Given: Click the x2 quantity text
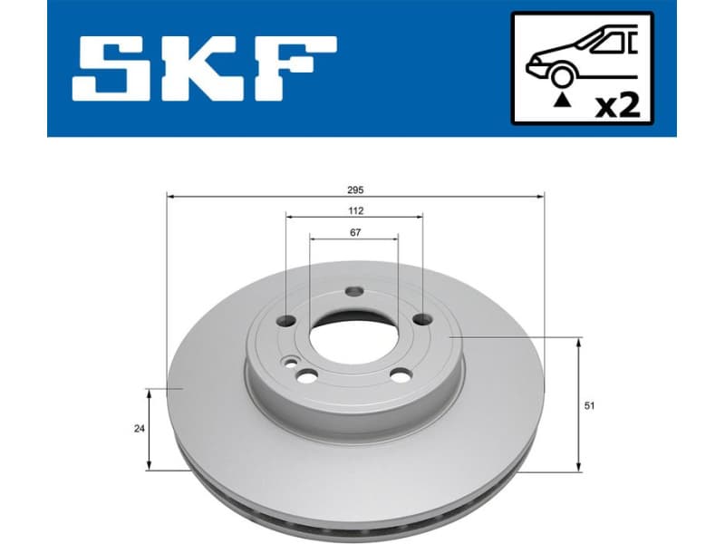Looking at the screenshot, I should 617,104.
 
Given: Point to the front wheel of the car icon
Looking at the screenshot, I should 562,77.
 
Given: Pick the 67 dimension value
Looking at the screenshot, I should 355,232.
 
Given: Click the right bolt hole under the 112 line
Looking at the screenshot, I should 421,320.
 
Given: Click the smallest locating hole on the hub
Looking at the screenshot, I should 289,363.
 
